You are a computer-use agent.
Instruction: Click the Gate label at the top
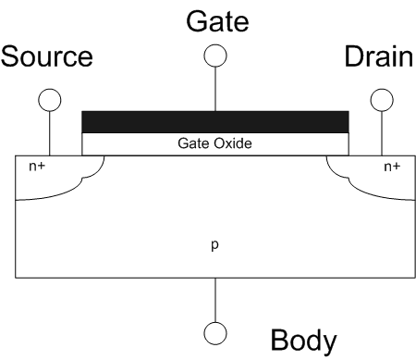tap(215, 18)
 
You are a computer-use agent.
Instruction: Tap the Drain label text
tap(378, 58)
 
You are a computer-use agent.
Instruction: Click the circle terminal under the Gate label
tap(215, 55)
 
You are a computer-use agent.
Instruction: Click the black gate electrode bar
tap(215, 121)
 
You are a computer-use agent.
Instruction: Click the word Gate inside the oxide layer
tap(193, 144)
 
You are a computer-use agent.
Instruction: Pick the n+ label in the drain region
tap(392, 168)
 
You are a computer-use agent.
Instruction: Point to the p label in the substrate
tap(215, 246)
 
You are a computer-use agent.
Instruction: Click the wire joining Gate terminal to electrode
tap(215, 87)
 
